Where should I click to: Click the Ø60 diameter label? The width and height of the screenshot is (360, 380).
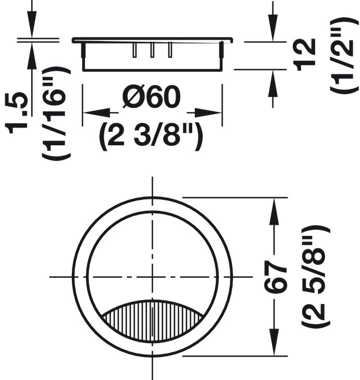(x=151, y=98)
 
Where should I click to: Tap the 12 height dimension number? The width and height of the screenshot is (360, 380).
(x=304, y=54)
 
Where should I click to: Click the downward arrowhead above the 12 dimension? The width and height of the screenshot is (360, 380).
(x=272, y=29)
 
